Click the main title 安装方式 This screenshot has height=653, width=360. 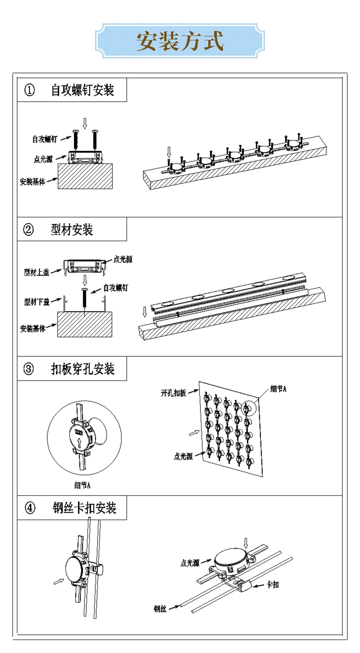[180, 41]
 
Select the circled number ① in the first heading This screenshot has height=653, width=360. [29, 90]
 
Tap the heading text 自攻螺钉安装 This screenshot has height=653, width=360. [82, 90]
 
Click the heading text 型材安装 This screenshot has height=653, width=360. [72, 230]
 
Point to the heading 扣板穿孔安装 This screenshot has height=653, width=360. [83, 369]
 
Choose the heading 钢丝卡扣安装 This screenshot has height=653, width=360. [84, 508]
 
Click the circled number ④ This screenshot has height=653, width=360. [30, 508]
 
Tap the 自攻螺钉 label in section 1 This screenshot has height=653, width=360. [45, 139]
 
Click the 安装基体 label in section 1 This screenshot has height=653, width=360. [32, 182]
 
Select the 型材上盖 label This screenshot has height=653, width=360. [37, 272]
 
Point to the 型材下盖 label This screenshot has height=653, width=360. [37, 302]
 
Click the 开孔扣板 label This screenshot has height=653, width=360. [173, 393]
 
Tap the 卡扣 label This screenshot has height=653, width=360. [273, 585]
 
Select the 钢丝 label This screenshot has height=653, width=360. [160, 609]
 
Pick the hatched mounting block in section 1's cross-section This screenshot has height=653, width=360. [85, 176]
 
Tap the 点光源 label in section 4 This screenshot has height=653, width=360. [190, 563]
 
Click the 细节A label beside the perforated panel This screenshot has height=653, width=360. [278, 389]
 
